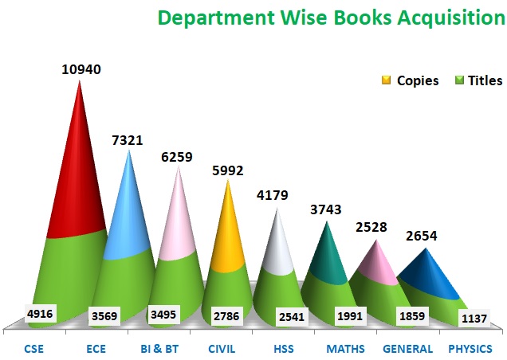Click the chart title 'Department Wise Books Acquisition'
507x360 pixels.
(x=331, y=18)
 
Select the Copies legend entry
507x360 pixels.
(x=411, y=80)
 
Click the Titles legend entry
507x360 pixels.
(x=478, y=80)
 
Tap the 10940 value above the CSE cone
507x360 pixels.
(x=81, y=69)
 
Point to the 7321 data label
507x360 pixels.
(x=128, y=140)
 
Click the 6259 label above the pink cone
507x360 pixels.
(x=176, y=158)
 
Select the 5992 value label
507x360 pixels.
(x=227, y=170)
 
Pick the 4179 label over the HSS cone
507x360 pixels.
(x=272, y=195)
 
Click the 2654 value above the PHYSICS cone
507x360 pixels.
(x=421, y=236)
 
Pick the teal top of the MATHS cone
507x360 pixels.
(x=327, y=255)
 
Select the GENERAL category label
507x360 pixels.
(x=407, y=349)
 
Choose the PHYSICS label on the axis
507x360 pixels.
(x=470, y=349)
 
